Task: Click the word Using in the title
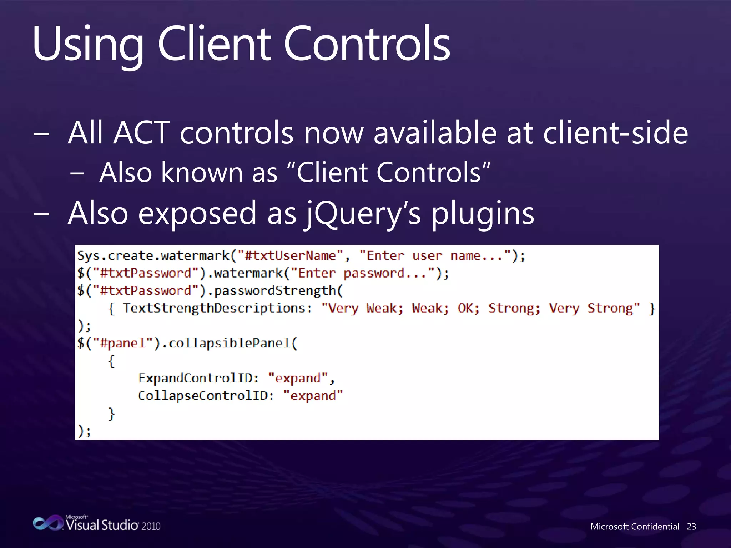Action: click(x=88, y=45)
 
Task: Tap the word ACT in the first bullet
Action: click(x=142, y=133)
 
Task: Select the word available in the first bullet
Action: click(x=435, y=133)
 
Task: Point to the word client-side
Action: click(x=615, y=133)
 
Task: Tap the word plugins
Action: click(x=483, y=213)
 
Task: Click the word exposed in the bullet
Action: click(x=197, y=213)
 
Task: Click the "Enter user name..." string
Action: click(x=435, y=256)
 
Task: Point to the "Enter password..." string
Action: click(x=363, y=273)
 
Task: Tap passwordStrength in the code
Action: click(x=275, y=291)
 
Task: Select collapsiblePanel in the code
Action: click(x=229, y=343)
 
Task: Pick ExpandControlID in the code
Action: click(x=196, y=378)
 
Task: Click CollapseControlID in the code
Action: click(x=203, y=396)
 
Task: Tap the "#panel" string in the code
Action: click(x=123, y=343)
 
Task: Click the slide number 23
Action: click(x=691, y=527)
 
